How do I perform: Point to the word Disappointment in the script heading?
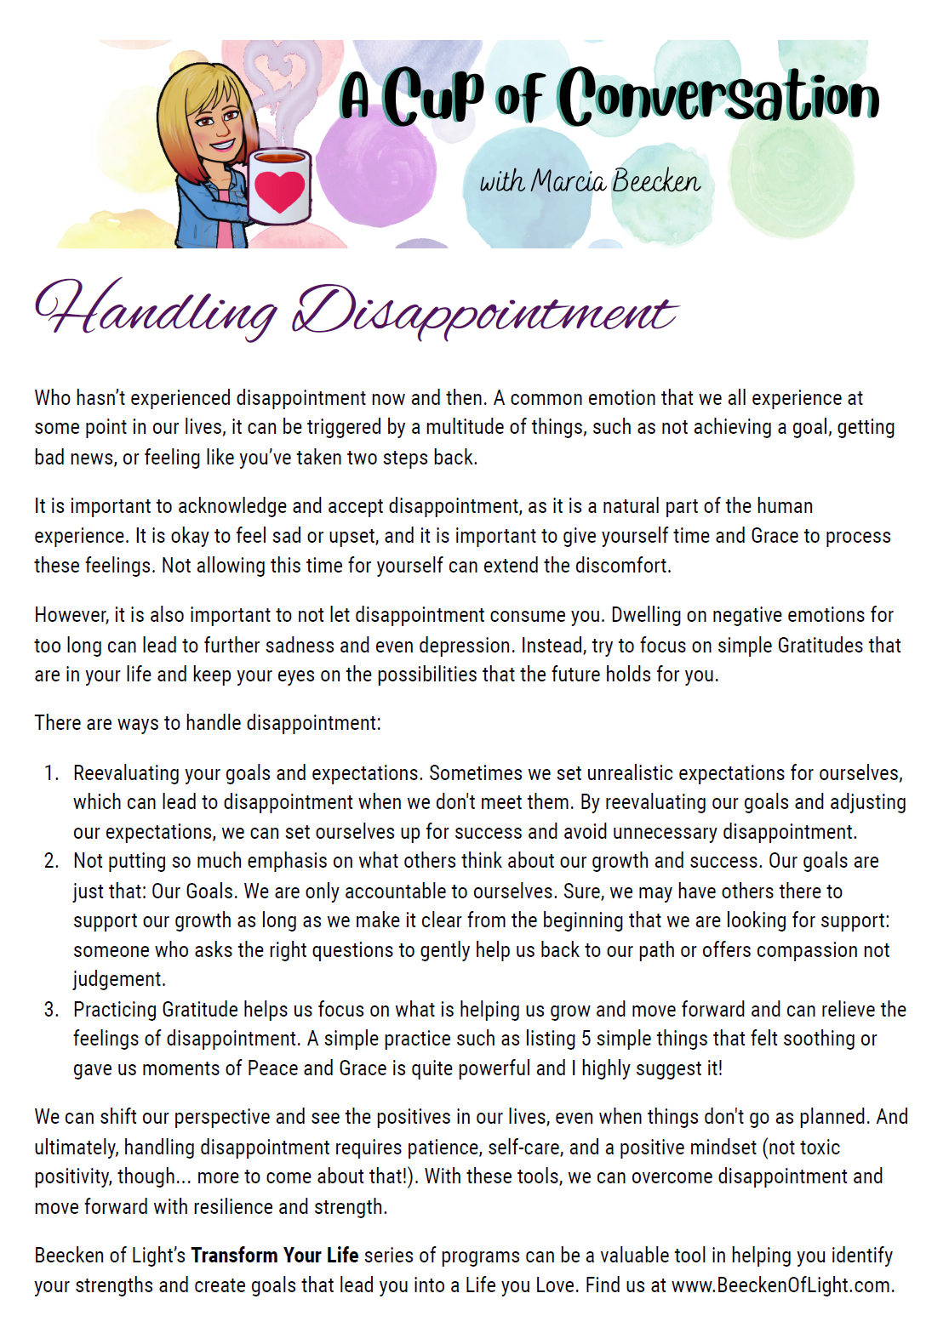[x=484, y=313]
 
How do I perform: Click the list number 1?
[x=51, y=773]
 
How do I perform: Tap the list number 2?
[x=51, y=861]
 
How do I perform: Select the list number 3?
[x=51, y=1010]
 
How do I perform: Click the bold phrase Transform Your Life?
[x=274, y=1256]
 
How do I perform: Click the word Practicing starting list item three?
[x=115, y=1010]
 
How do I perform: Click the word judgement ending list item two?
[x=118, y=979]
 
